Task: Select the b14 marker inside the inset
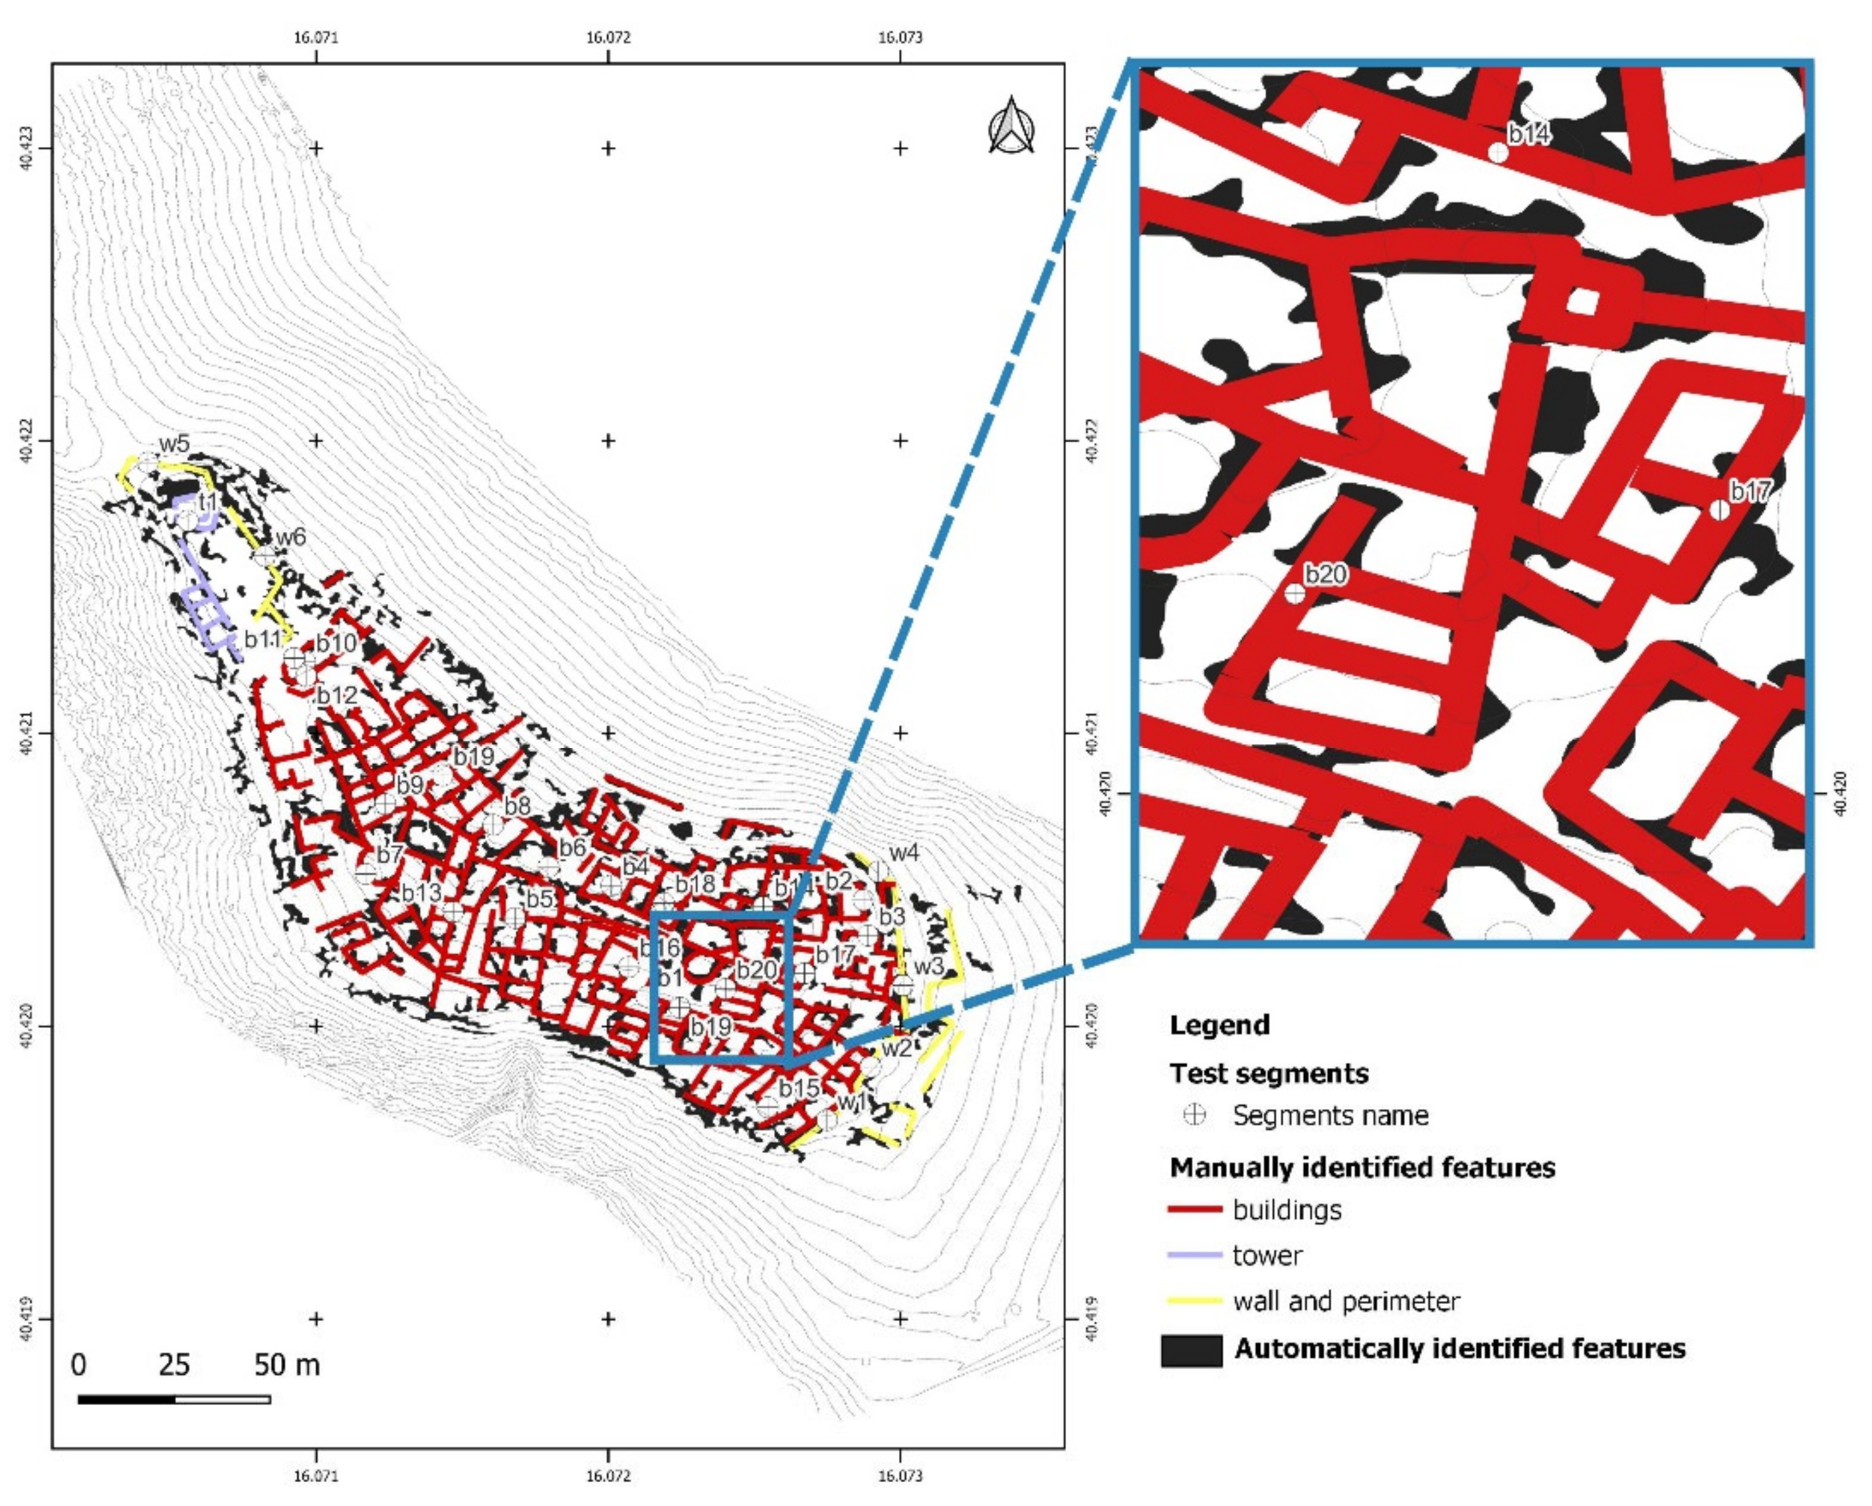pyautogui.click(x=1498, y=153)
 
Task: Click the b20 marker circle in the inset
pyautogui.click(x=1295, y=594)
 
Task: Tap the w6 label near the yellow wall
pyautogui.click(x=291, y=537)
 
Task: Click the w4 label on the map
pyautogui.click(x=904, y=853)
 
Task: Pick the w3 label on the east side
pyautogui.click(x=928, y=966)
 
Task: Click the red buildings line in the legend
pyautogui.click(x=1195, y=1209)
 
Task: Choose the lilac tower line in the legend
pyautogui.click(x=1195, y=1255)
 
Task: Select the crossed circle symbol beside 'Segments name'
pyautogui.click(x=1196, y=1115)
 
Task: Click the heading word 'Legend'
pyautogui.click(x=1219, y=1025)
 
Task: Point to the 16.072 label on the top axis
pyautogui.click(x=608, y=37)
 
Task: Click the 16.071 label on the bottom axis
pyautogui.click(x=316, y=1475)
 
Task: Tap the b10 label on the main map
pyautogui.click(x=336, y=644)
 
